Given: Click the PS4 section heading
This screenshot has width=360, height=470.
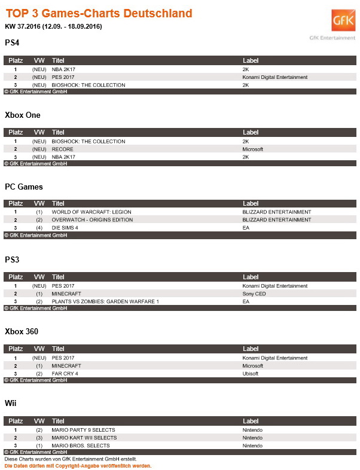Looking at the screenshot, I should (x=11, y=42).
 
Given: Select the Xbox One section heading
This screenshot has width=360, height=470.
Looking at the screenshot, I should (x=22, y=114).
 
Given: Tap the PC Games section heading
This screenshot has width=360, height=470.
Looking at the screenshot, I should (x=23, y=187).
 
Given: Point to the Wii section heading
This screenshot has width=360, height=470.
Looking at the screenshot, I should (x=10, y=403).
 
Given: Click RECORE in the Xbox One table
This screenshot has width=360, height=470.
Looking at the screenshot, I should (x=63, y=149).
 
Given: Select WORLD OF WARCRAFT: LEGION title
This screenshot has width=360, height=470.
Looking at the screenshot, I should (x=91, y=212).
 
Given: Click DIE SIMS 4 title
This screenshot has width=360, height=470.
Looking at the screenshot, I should (x=66, y=227).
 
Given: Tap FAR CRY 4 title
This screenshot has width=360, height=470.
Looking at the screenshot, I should (x=65, y=373).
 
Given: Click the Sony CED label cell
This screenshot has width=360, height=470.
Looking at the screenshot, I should (x=254, y=294).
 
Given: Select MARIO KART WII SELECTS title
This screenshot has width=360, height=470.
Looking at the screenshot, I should (x=80, y=438).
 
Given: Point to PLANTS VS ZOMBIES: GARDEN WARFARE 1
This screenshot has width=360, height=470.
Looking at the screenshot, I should (x=105, y=301).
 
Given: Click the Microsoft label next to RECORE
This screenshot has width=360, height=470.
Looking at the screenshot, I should (x=253, y=149).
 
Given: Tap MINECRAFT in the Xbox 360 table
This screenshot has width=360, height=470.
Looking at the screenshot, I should (x=66, y=365).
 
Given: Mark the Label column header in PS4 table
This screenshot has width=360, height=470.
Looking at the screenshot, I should (x=251, y=60).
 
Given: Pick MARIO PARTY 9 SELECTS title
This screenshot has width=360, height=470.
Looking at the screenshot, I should (x=83, y=430).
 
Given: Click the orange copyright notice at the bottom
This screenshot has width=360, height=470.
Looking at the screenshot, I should (x=78, y=465).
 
